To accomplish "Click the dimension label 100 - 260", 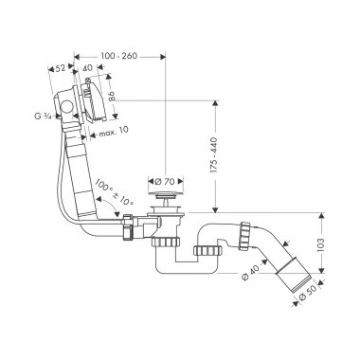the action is coord(119,56).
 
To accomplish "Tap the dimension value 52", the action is coord(60,67).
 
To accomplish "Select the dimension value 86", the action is coord(112,96).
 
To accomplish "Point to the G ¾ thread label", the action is coord(43,116).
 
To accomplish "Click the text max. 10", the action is coord(114,132).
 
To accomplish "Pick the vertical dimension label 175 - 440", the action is coord(214,154).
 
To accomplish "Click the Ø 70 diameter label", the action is coord(166,182).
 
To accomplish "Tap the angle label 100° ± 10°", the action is coord(115,191).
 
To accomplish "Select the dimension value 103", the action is coord(320,243).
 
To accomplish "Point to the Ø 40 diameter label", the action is coord(250,272).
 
